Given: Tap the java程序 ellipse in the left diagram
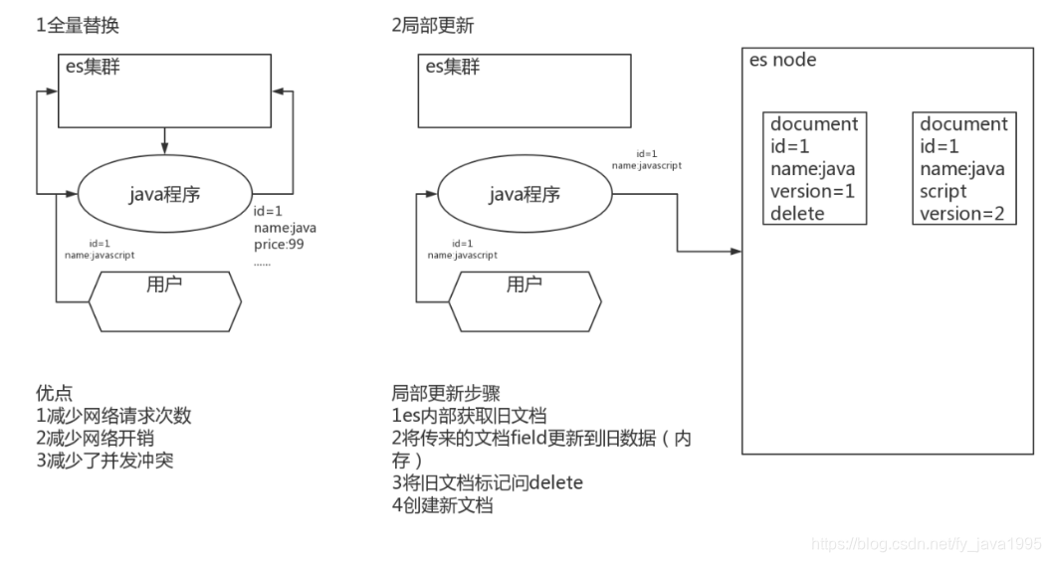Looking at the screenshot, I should click(x=164, y=194).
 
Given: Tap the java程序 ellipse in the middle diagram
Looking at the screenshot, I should click(x=523, y=194).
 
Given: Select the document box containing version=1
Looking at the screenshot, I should click(x=813, y=168).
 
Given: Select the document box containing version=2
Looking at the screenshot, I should click(x=963, y=168).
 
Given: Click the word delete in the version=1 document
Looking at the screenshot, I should click(x=797, y=213).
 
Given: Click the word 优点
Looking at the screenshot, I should click(x=54, y=394).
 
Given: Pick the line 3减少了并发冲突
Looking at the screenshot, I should click(x=105, y=461).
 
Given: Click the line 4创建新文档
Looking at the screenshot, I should click(x=443, y=505).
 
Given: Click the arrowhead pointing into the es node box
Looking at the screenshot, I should click(x=736, y=251).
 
